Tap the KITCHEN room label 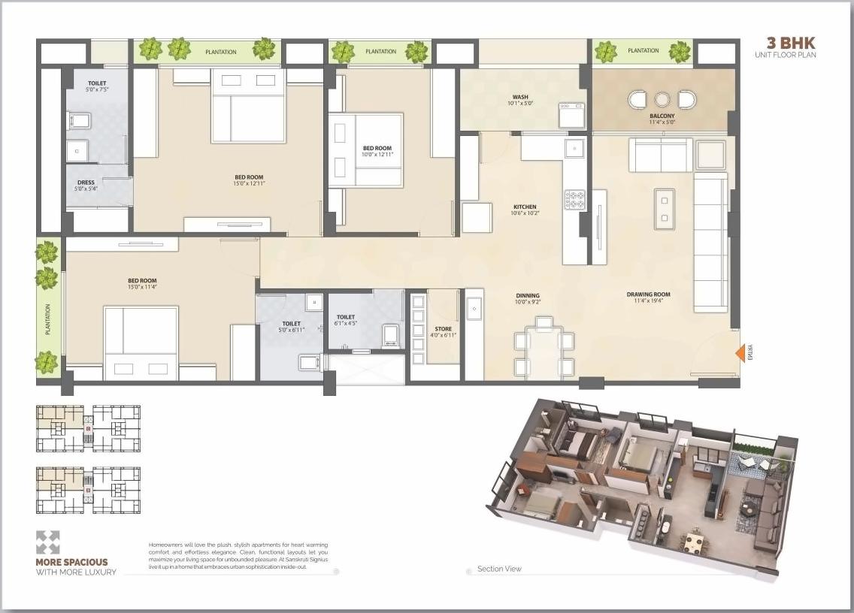[x=525, y=207]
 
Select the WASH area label [x=520, y=97]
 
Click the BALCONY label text [x=662, y=116]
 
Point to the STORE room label [x=444, y=329]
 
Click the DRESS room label [x=86, y=183]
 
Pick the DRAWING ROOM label [x=649, y=294]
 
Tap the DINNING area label [x=527, y=296]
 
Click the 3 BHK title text [x=790, y=43]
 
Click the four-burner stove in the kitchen [x=575, y=200]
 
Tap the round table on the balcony [x=662, y=100]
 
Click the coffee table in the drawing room [x=664, y=207]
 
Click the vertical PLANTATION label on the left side [x=47, y=319]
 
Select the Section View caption [x=499, y=569]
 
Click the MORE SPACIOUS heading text [x=72, y=562]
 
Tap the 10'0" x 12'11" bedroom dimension [x=377, y=154]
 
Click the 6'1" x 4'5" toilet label [x=346, y=324]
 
